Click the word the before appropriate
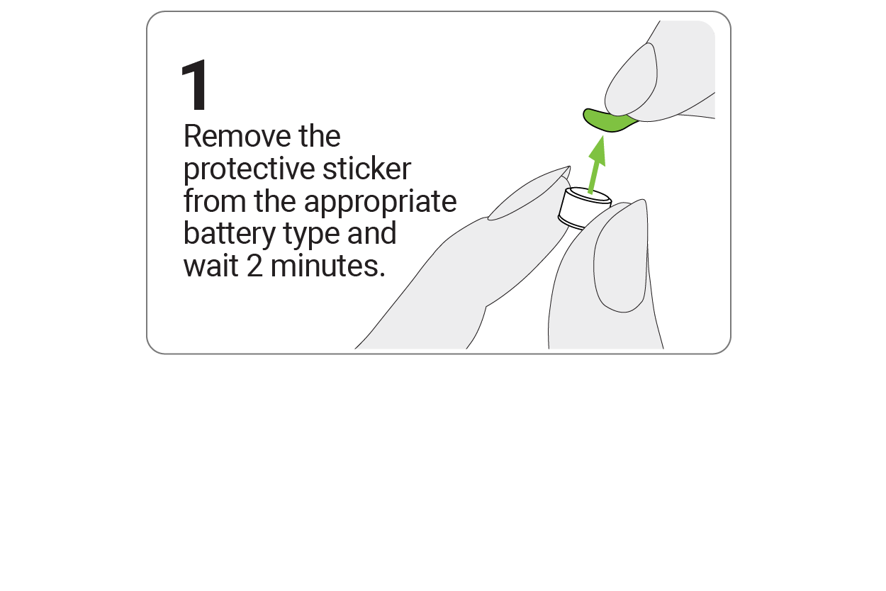278,202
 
